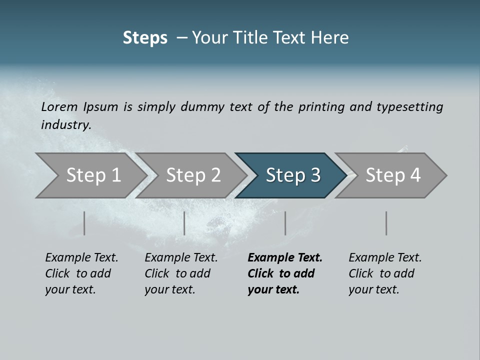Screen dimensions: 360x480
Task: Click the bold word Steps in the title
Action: (x=145, y=38)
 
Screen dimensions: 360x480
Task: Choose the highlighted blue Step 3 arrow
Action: (x=293, y=175)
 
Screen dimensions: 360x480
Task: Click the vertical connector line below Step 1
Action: (x=84, y=223)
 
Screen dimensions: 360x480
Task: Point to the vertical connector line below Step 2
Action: (x=184, y=223)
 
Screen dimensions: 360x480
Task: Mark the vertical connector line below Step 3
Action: (x=285, y=223)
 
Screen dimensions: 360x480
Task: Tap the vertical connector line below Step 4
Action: (x=386, y=223)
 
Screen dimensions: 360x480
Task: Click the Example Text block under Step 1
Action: (x=81, y=273)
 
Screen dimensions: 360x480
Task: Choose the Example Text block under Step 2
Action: (x=181, y=273)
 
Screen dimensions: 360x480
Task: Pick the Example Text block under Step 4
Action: (x=385, y=273)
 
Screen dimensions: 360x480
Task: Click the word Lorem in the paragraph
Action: (x=59, y=106)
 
